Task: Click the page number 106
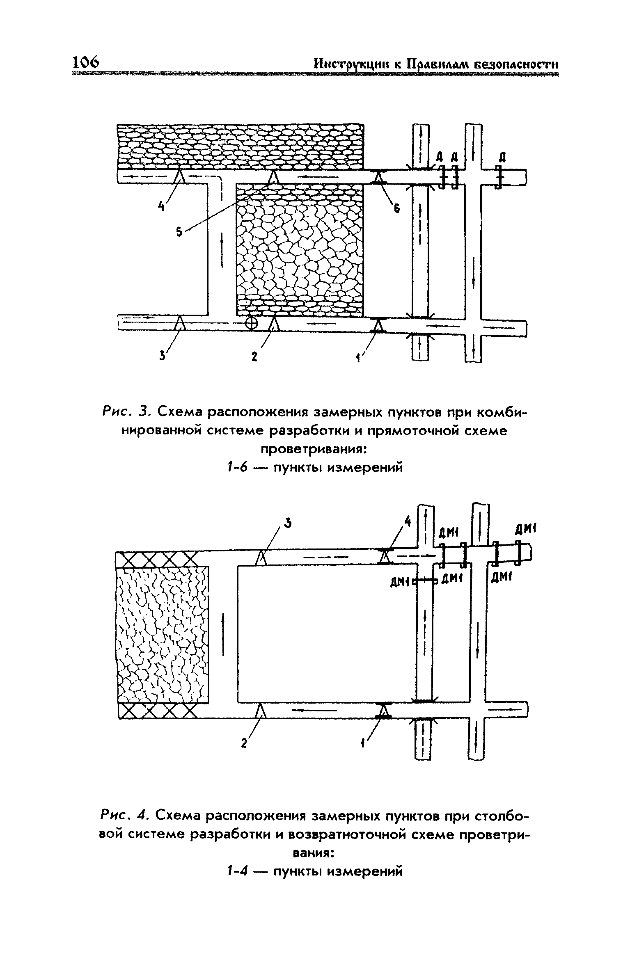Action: coord(85,63)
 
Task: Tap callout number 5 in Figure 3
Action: coord(179,232)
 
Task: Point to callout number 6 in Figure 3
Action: coord(396,208)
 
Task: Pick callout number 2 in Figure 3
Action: coord(254,357)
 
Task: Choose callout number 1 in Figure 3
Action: coord(358,358)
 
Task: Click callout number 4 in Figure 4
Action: coord(407,521)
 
